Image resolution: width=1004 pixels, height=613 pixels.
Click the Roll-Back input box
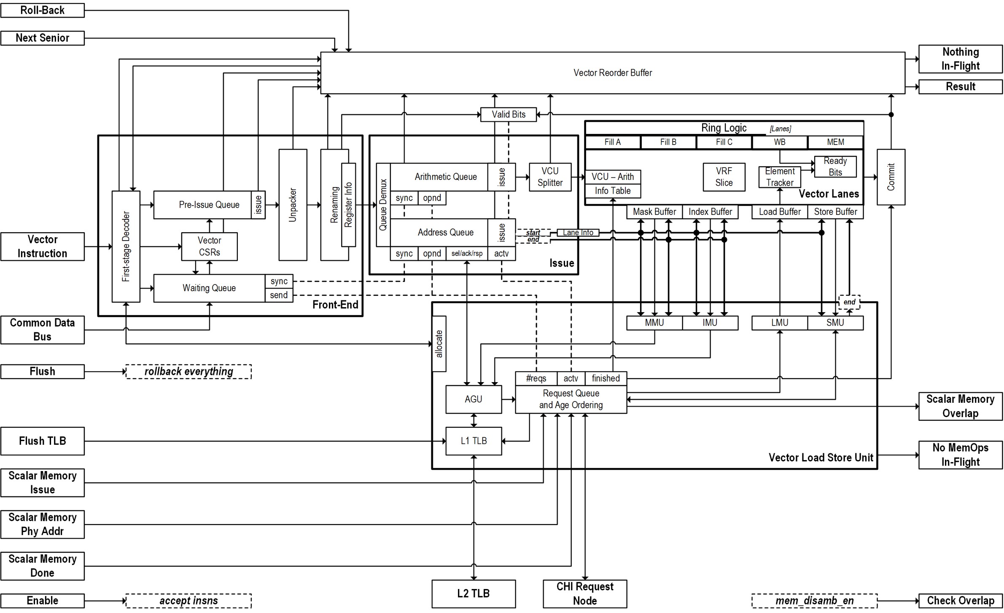pyautogui.click(x=43, y=11)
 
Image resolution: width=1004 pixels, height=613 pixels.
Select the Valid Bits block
pyautogui.click(x=509, y=115)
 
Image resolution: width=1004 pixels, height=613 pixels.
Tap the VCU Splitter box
pyautogui.click(x=550, y=177)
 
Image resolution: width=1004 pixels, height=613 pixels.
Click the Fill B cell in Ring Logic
pyautogui.click(x=668, y=142)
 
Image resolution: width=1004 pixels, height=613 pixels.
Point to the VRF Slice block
pyautogui.click(x=724, y=177)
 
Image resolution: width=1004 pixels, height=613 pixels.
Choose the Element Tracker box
pyautogui.click(x=780, y=177)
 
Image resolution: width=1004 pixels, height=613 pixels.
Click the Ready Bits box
pyautogui.click(x=835, y=167)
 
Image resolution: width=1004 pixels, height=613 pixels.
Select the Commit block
pyautogui.click(x=891, y=177)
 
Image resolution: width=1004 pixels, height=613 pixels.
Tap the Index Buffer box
pyautogui.click(x=711, y=212)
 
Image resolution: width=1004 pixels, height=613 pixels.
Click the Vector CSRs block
pyautogui.click(x=210, y=246)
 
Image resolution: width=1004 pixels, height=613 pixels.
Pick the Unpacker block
pyautogui.click(x=293, y=205)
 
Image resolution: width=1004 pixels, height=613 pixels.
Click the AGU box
pyautogui.click(x=474, y=399)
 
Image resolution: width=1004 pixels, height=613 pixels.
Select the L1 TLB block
pyautogui.click(x=474, y=441)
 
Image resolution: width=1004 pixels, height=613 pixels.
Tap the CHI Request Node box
pyautogui.click(x=585, y=594)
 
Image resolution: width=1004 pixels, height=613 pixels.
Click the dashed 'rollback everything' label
pyautogui.click(x=188, y=372)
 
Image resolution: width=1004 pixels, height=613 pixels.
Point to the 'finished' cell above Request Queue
pyautogui.click(x=606, y=378)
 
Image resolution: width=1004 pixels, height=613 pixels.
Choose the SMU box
pyautogui.click(x=835, y=323)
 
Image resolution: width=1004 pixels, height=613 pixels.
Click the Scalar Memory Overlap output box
pyautogui.click(x=961, y=407)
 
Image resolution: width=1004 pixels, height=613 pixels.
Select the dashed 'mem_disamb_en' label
pyautogui.click(x=814, y=601)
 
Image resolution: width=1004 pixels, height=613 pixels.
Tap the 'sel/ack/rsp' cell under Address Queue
pyautogui.click(x=467, y=254)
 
